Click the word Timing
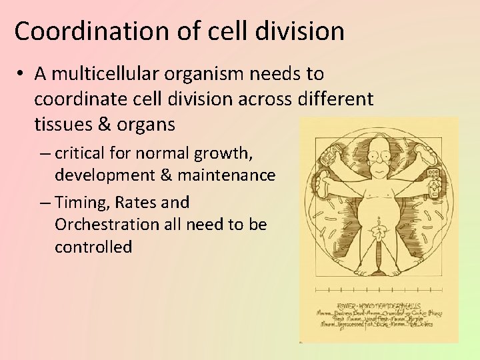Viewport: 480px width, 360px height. [x=81, y=202]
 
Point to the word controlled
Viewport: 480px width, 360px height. [x=93, y=247]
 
